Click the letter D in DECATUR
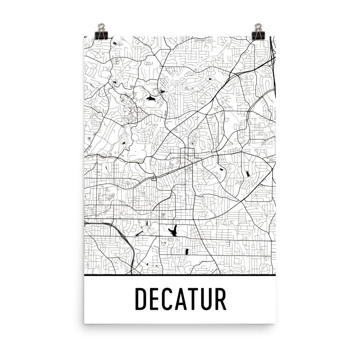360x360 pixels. [141, 299]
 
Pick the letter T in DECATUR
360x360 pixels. [194, 299]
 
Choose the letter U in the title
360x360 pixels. [206, 299]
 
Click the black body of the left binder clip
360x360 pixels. [101, 35]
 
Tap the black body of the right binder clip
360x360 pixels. [258, 35]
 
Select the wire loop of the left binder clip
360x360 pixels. [101, 27]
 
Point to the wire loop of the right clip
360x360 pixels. [258, 27]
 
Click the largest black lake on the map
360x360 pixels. [174, 230]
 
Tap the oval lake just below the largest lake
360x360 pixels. [186, 252]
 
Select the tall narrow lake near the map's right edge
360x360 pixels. [248, 174]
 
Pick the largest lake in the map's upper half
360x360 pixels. [150, 98]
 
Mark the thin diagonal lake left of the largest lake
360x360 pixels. [139, 234]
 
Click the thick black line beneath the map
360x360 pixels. [180, 275]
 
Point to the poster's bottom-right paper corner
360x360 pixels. [275, 323]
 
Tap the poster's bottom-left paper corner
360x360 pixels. [85, 323]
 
